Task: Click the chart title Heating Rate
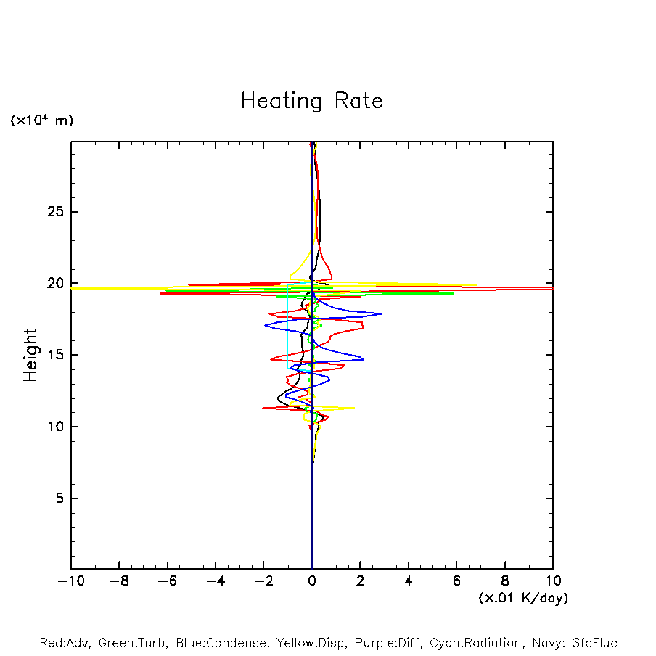click(x=311, y=100)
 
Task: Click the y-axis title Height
click(x=30, y=355)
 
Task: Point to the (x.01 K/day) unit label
click(x=522, y=598)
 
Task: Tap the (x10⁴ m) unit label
click(x=41, y=120)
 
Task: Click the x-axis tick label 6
click(x=456, y=581)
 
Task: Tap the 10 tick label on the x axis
click(x=553, y=581)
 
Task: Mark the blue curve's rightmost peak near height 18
click(x=382, y=314)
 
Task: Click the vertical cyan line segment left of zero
click(x=288, y=327)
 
